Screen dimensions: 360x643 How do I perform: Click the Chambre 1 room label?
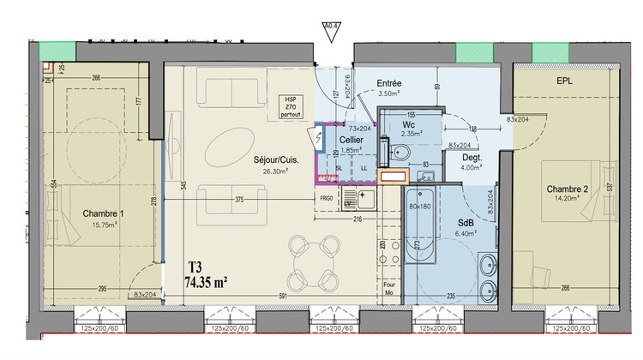click(103, 213)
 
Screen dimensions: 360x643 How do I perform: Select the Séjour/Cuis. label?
click(275, 160)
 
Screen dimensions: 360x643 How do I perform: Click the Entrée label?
click(390, 84)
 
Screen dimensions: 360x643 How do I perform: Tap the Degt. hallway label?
click(472, 158)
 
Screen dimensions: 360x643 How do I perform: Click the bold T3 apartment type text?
click(196, 267)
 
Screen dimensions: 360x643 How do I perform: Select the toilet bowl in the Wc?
click(398, 154)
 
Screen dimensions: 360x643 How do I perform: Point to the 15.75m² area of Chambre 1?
click(103, 225)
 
